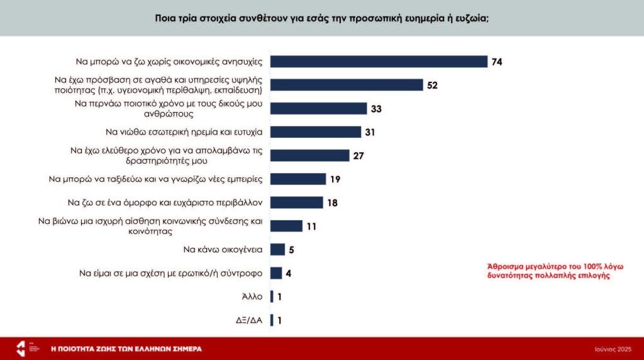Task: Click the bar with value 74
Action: tap(379, 62)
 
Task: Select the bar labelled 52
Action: tap(347, 85)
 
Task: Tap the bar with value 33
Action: tap(318, 109)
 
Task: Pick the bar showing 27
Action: tap(309, 155)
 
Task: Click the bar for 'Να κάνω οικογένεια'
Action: tap(277, 249)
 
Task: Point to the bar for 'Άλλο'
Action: tap(272, 296)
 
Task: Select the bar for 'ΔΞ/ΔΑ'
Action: tap(272, 320)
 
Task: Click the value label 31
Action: tap(370, 132)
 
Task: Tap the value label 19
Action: tap(335, 179)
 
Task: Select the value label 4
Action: tap(288, 273)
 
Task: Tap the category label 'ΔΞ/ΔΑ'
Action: tap(248, 320)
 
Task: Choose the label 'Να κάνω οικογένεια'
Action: tap(223, 249)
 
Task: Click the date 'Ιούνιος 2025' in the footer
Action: tap(613, 349)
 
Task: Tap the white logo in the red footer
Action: tap(21, 348)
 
